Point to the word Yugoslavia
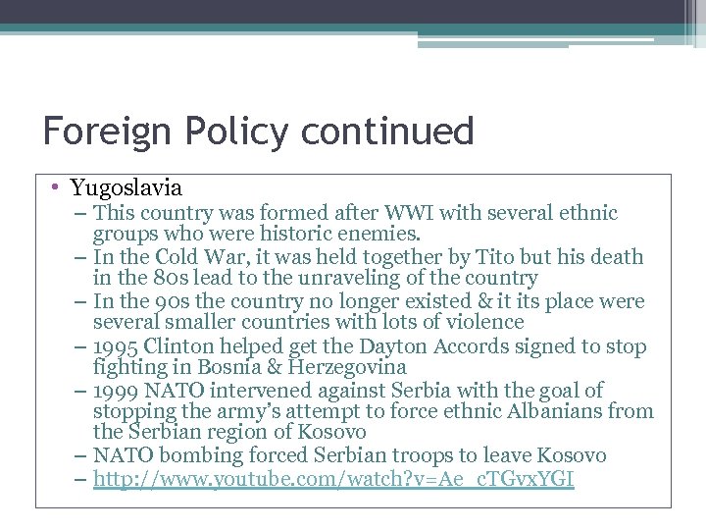coord(126,186)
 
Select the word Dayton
coord(375,345)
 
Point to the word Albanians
coord(552,411)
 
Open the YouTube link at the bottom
coord(333,479)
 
